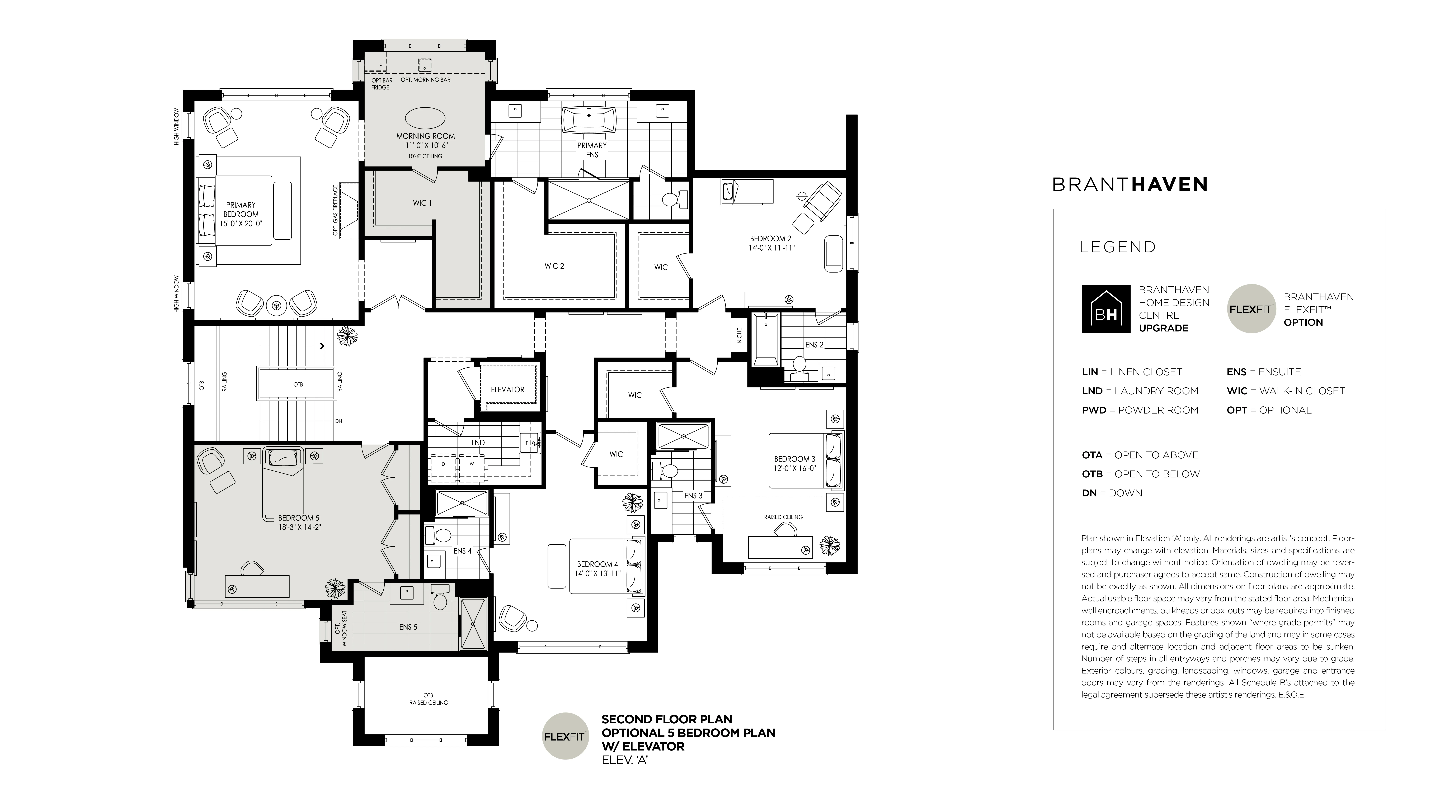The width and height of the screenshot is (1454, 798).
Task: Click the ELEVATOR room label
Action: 507,389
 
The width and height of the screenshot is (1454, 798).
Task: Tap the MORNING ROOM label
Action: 426,136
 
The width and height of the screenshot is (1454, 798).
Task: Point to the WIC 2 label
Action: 554,266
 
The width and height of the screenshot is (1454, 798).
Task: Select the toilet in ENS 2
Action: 799,365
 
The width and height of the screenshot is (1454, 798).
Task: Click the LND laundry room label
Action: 478,443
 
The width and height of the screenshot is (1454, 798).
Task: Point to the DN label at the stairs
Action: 339,421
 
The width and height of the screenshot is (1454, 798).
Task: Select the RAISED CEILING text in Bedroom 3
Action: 783,517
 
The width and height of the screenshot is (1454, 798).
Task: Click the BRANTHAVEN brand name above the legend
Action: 1130,184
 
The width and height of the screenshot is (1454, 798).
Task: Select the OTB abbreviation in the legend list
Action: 1092,474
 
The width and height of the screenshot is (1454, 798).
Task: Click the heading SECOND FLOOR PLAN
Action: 667,720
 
